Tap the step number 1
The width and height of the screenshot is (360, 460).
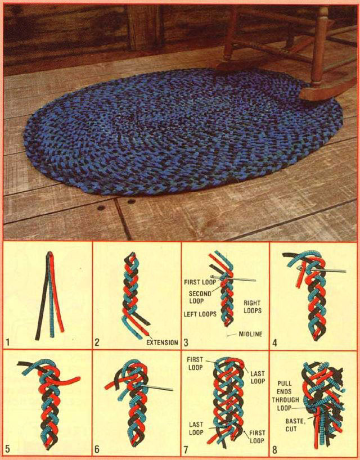click(x=8, y=342)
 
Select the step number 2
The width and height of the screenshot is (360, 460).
click(x=97, y=342)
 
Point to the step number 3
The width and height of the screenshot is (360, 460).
click(x=186, y=342)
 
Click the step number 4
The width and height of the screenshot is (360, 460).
click(x=274, y=342)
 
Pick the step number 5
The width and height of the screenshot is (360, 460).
click(x=8, y=449)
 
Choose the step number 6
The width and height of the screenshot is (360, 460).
click(x=97, y=449)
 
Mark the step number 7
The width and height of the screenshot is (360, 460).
click(x=186, y=449)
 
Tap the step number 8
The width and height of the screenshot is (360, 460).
click(x=274, y=449)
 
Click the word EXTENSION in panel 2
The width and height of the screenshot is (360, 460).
click(x=162, y=342)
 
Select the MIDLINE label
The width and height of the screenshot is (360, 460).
click(x=250, y=334)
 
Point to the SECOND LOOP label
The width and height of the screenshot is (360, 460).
click(x=200, y=297)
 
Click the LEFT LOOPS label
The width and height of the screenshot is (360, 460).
click(x=200, y=314)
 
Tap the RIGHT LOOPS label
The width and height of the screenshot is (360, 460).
click(x=253, y=306)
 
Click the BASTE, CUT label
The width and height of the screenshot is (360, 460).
click(x=295, y=425)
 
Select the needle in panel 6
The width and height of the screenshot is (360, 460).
click(x=156, y=387)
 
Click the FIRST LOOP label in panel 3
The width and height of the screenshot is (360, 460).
click(x=200, y=282)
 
